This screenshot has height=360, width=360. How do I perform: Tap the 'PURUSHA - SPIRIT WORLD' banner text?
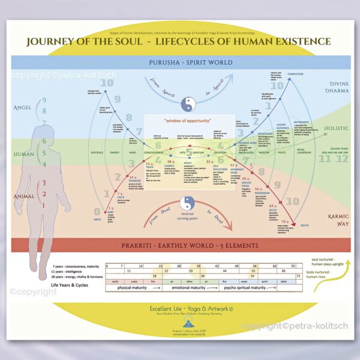(179, 62)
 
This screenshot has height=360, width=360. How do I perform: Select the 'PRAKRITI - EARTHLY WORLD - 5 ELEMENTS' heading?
(179, 245)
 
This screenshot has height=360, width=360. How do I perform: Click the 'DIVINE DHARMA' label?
(329, 89)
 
